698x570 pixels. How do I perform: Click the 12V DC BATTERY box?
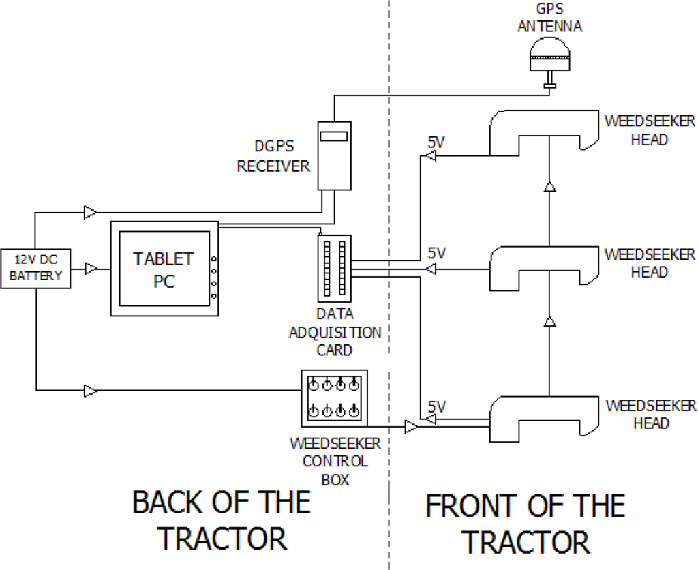tap(35, 267)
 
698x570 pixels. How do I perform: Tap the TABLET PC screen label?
tap(164, 270)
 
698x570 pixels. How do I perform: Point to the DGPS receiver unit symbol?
tap(333, 155)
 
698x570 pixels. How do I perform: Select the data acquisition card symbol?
tap(334, 267)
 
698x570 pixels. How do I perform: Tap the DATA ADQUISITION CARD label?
tap(335, 333)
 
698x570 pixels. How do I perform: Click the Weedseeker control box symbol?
tap(334, 397)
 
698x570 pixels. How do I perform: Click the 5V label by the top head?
tap(436, 144)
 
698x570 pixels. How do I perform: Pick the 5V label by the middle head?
tap(436, 253)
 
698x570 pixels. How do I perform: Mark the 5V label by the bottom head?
tap(436, 406)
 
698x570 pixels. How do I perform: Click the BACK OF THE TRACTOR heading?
tap(222, 520)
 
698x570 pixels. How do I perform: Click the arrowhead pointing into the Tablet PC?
tap(91, 269)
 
